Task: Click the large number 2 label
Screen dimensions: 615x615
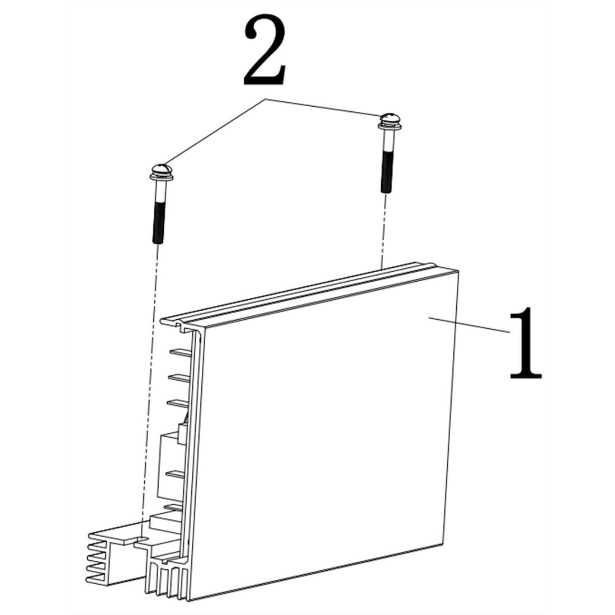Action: (265, 51)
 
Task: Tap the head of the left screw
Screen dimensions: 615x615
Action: (160, 168)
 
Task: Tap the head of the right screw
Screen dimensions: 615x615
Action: (389, 119)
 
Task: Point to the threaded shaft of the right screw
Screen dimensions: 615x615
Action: (386, 171)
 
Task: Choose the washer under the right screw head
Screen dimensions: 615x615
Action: (389, 127)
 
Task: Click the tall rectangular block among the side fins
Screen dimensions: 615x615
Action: (169, 464)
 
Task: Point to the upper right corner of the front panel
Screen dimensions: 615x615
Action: (457, 272)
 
